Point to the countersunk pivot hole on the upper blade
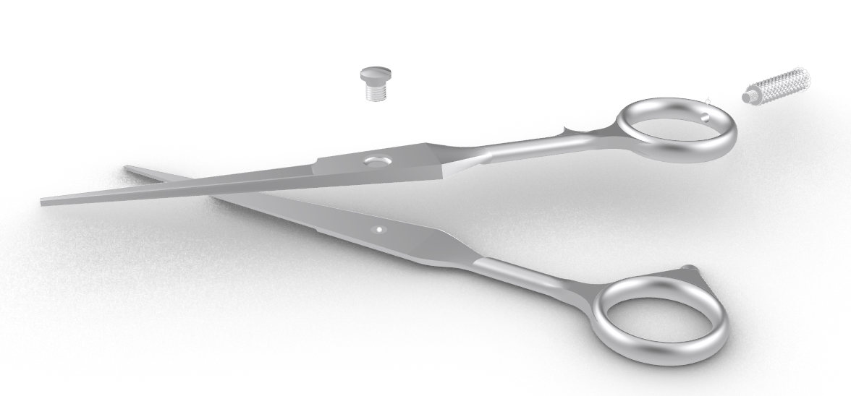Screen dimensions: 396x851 (376, 160)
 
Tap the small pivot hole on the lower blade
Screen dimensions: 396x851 (377, 229)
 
